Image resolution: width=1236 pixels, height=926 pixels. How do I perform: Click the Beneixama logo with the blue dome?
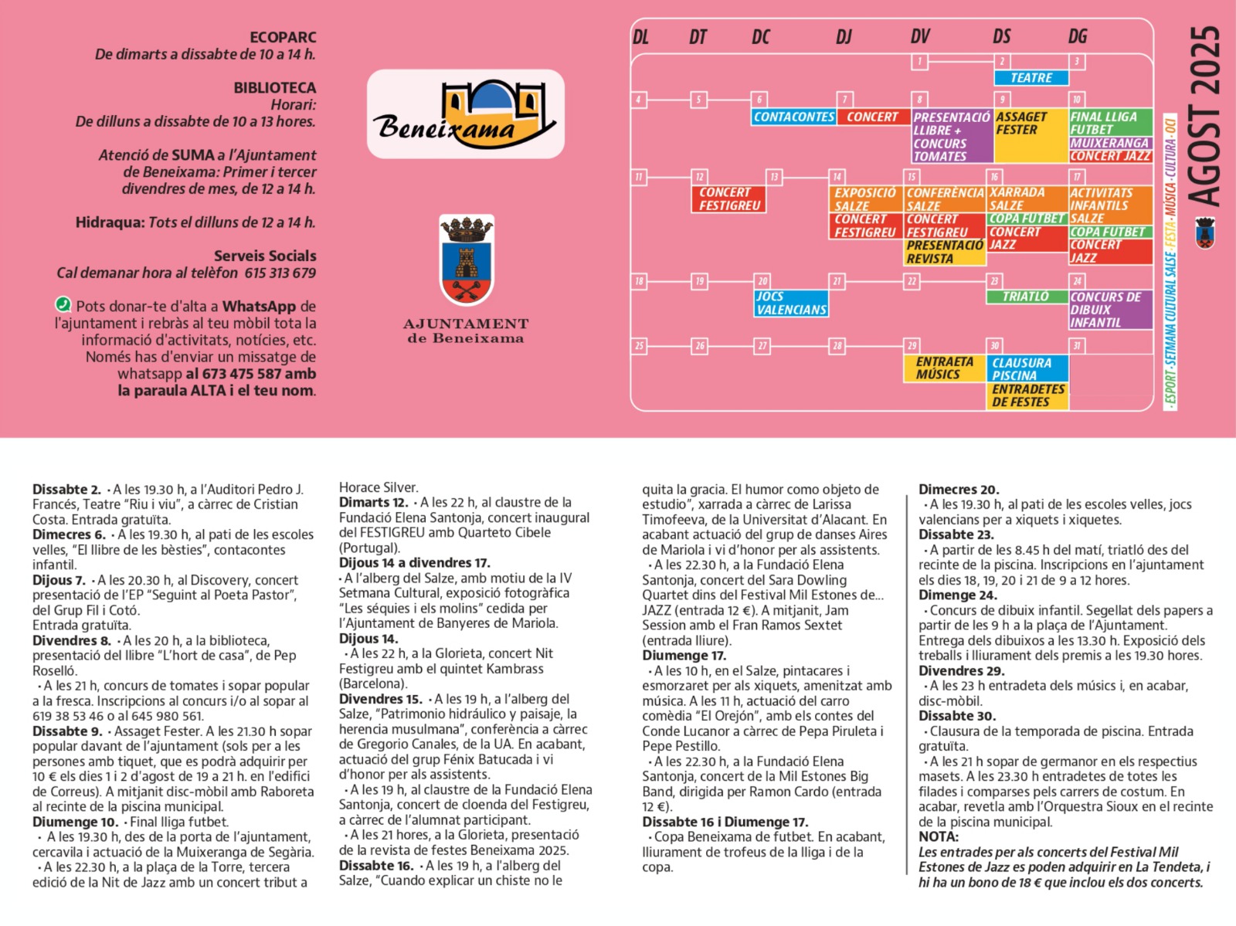466,114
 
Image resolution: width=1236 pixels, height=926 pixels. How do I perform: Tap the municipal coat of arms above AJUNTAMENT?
466,261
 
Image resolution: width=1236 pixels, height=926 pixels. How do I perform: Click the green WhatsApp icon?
63,305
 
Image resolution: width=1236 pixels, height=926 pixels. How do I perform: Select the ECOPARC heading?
283,37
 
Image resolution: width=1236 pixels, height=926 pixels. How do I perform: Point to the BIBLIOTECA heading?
275,88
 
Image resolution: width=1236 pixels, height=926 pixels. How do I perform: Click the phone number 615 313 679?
280,273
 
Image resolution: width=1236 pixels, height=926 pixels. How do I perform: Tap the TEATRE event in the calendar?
1031,78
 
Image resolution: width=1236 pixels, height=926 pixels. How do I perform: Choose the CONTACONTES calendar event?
793,117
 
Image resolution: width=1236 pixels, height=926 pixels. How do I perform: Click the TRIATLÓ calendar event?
1025,297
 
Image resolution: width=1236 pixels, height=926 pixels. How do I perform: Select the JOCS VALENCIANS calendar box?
791,304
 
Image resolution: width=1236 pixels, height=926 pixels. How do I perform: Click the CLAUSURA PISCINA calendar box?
1027,368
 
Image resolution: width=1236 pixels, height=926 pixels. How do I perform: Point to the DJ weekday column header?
844,37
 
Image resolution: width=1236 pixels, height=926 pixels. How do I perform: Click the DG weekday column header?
1077,37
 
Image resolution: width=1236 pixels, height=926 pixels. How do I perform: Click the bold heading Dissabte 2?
66,490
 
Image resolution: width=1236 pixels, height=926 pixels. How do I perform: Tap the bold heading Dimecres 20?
959,490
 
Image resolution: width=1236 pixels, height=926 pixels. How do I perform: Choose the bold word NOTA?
939,836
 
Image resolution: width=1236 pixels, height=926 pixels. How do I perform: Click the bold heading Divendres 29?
961,670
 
